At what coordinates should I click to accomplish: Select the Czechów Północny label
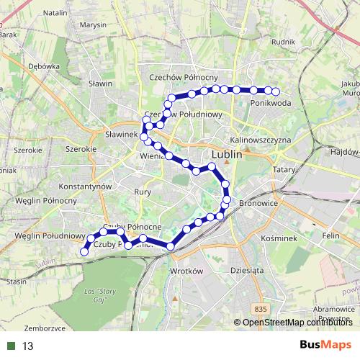pos(183,77)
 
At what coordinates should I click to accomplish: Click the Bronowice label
pos(258,204)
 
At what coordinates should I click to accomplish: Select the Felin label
pos(332,236)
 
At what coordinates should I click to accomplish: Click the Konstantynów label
pos(85,185)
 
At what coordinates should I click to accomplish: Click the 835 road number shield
pos(261,308)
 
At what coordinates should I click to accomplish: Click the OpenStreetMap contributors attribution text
pos(295,322)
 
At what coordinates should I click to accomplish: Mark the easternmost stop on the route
pos(276,91)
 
